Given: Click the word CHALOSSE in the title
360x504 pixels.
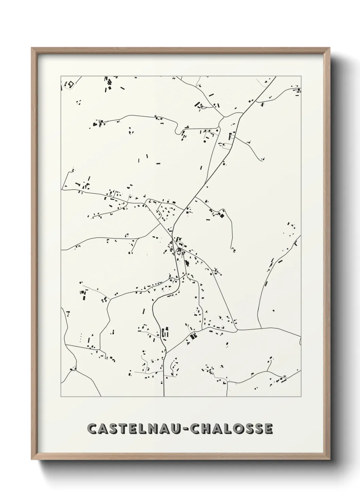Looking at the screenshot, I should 231,429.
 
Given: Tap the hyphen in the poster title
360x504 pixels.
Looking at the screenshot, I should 185,429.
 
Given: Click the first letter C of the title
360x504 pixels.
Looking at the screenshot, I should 92,429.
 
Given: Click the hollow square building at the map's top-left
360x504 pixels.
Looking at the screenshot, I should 71,84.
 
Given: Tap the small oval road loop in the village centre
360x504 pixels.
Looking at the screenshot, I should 180,244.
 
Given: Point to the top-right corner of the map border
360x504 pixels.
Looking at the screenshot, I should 301,76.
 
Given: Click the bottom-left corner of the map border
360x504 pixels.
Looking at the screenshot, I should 61,397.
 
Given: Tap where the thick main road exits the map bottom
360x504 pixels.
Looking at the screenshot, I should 164,396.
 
